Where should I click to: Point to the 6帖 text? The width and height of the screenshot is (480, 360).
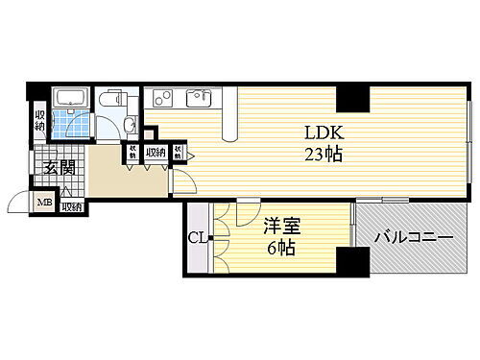click(281, 247)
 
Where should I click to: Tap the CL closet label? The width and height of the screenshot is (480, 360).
click(195, 237)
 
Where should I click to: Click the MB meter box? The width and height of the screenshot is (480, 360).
click(45, 203)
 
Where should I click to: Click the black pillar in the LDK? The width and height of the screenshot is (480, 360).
click(352, 97)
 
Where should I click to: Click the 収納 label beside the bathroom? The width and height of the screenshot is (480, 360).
click(39, 119)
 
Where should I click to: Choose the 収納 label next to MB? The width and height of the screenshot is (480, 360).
click(72, 205)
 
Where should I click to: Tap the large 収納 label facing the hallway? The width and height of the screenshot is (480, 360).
click(155, 152)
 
